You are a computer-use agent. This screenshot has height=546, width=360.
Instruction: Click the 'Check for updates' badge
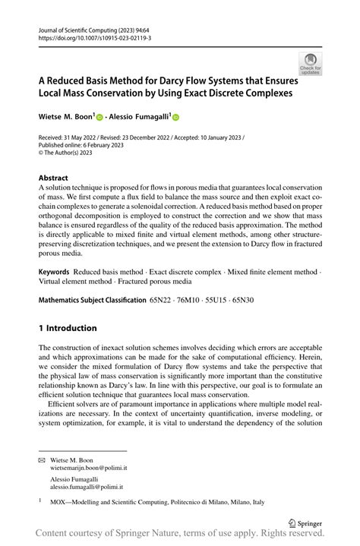point(309,63)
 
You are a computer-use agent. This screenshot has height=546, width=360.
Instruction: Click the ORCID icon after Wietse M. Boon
point(99,117)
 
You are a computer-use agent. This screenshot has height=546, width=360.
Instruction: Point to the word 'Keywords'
point(54,271)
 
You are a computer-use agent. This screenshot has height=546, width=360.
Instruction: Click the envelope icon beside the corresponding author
point(43,460)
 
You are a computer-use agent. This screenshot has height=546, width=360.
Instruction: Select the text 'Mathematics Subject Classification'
point(92,300)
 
